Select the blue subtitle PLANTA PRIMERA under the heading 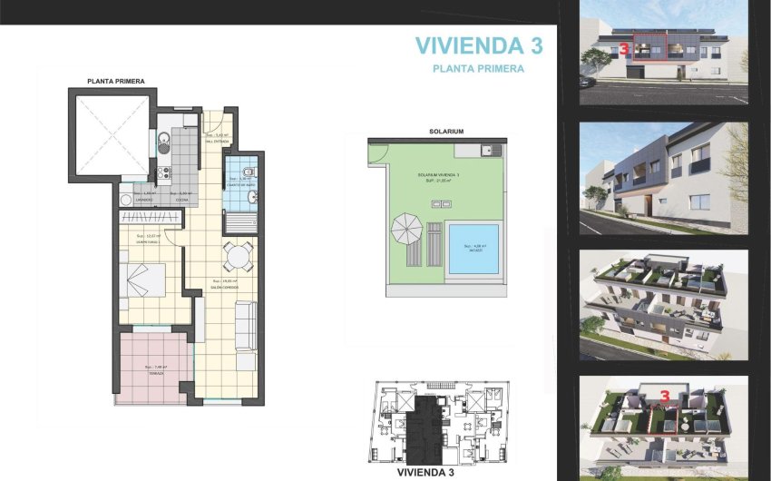[x=478, y=68]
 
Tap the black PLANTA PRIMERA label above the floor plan [x=115, y=81]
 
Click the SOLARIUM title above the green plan [x=445, y=132]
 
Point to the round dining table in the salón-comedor [x=239, y=256]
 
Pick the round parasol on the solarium [x=404, y=228]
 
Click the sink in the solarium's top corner [x=491, y=150]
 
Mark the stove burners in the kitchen [x=165, y=172]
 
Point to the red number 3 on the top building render [x=623, y=51]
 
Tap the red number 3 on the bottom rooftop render [x=665, y=397]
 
